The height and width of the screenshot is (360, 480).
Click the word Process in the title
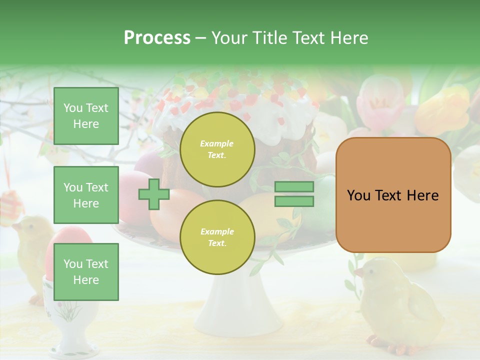[x=157, y=38]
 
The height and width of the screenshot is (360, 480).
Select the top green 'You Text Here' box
[x=86, y=116]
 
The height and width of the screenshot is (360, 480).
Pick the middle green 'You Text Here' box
[x=86, y=195]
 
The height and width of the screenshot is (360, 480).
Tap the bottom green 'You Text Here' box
[x=86, y=271]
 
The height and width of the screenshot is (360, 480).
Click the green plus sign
[x=154, y=194]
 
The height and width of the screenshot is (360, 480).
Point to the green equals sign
[x=294, y=194]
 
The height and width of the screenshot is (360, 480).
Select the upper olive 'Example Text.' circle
[x=217, y=149]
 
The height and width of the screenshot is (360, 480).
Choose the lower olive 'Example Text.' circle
[x=217, y=237]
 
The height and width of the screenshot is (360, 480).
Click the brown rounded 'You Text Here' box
[x=393, y=195]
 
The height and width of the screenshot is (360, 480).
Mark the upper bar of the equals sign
[x=294, y=187]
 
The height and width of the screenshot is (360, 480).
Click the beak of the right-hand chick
[x=358, y=273]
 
